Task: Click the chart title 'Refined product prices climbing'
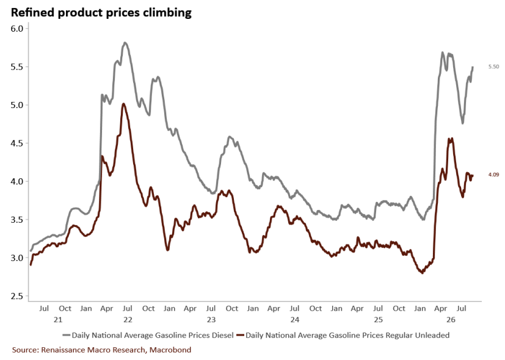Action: (x=101, y=12)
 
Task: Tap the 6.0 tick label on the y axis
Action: (x=16, y=29)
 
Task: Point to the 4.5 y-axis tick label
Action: (x=16, y=143)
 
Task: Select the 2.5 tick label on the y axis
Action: (x=16, y=297)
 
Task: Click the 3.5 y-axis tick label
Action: (x=16, y=220)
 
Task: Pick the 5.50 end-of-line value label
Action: (x=493, y=67)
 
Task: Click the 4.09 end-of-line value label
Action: (x=493, y=175)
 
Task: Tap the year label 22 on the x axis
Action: (x=128, y=320)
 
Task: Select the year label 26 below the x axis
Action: (x=451, y=320)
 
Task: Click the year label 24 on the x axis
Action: (x=295, y=320)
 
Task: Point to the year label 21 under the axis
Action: (x=58, y=320)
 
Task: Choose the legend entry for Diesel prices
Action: (x=148, y=335)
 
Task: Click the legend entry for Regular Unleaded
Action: (x=343, y=335)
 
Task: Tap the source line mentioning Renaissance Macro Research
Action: (x=101, y=350)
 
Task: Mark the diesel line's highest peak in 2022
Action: (x=125, y=43)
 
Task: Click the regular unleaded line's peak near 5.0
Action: (x=124, y=104)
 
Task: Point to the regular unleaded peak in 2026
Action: (x=450, y=139)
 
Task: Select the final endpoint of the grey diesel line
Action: (x=473, y=67)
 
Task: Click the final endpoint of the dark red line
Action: (x=473, y=175)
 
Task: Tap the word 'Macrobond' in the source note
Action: (x=170, y=350)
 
